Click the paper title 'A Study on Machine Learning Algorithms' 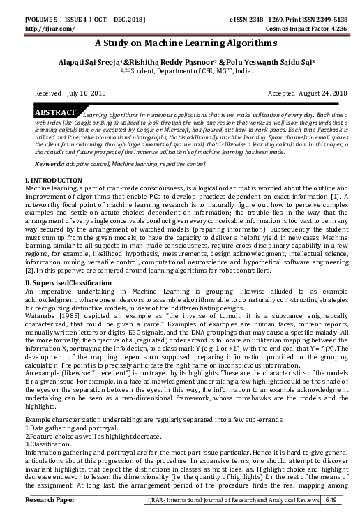[180, 43]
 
